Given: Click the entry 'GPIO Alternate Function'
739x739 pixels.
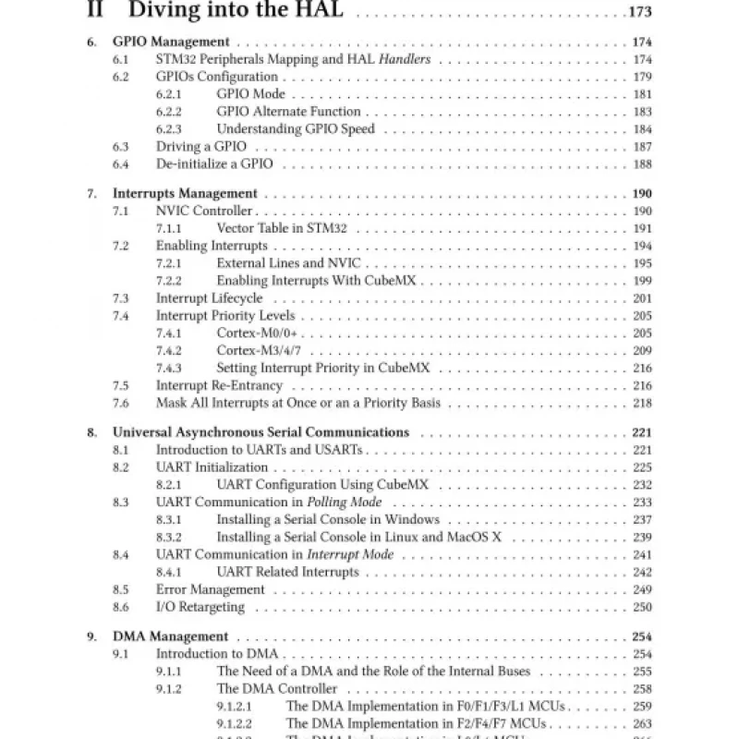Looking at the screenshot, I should point(283,112).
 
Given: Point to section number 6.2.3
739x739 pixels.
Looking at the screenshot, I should point(168,129).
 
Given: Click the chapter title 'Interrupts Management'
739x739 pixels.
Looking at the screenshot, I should point(185,194).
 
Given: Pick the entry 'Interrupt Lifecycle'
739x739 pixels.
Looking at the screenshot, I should point(209,298).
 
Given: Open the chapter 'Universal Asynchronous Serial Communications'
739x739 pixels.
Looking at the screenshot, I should point(260,432).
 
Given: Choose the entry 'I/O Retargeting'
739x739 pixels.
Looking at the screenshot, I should point(200,607).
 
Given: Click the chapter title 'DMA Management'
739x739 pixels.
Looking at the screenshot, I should point(170,636).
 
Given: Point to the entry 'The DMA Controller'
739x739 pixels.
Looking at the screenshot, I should point(277,689).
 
